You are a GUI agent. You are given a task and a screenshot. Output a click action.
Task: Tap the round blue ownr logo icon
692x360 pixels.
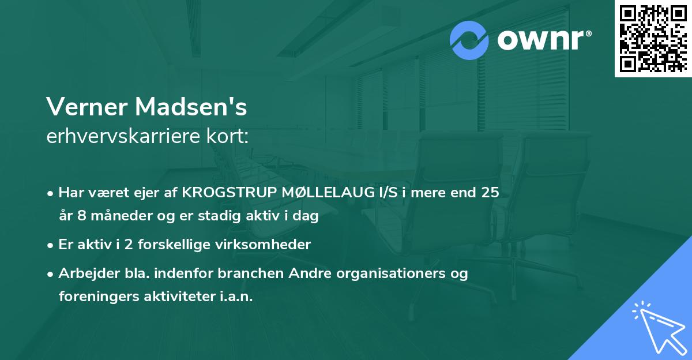pyautogui.click(x=469, y=40)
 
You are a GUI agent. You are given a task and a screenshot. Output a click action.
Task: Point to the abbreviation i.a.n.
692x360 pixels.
pyautogui.click(x=235, y=297)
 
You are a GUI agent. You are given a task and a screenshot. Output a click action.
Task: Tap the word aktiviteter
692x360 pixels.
pyautogui.click(x=174, y=297)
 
